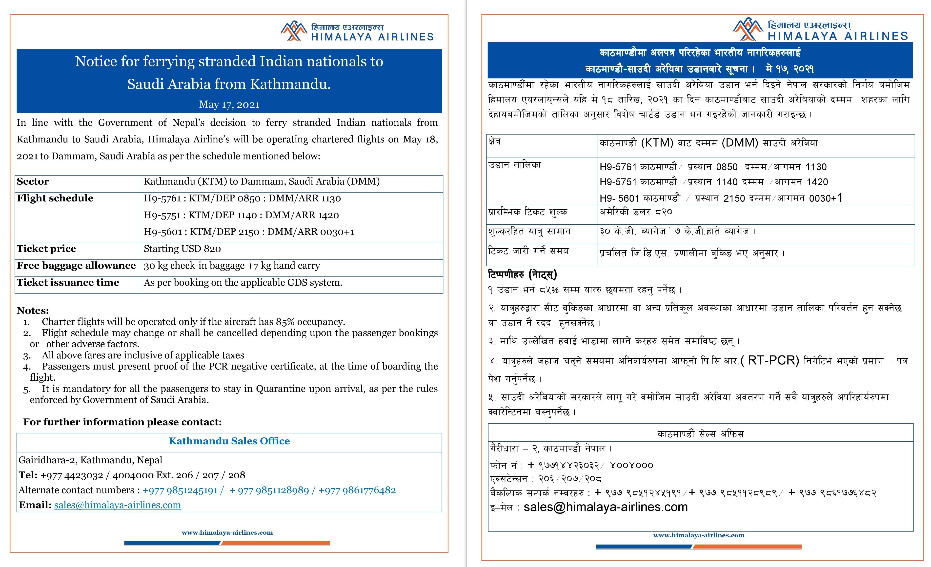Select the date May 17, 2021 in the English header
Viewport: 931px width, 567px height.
229,105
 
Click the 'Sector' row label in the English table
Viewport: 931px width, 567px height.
33,182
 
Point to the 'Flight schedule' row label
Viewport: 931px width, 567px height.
55,198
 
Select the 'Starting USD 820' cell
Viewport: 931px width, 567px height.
182,249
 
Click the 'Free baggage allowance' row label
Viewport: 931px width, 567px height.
76,266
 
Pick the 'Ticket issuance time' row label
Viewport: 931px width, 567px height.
68,283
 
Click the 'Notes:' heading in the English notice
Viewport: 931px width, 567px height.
33,311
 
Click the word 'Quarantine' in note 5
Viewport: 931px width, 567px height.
280,389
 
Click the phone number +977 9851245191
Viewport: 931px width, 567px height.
180,490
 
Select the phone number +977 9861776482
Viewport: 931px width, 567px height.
357,490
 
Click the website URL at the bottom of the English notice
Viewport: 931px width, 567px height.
227,533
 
